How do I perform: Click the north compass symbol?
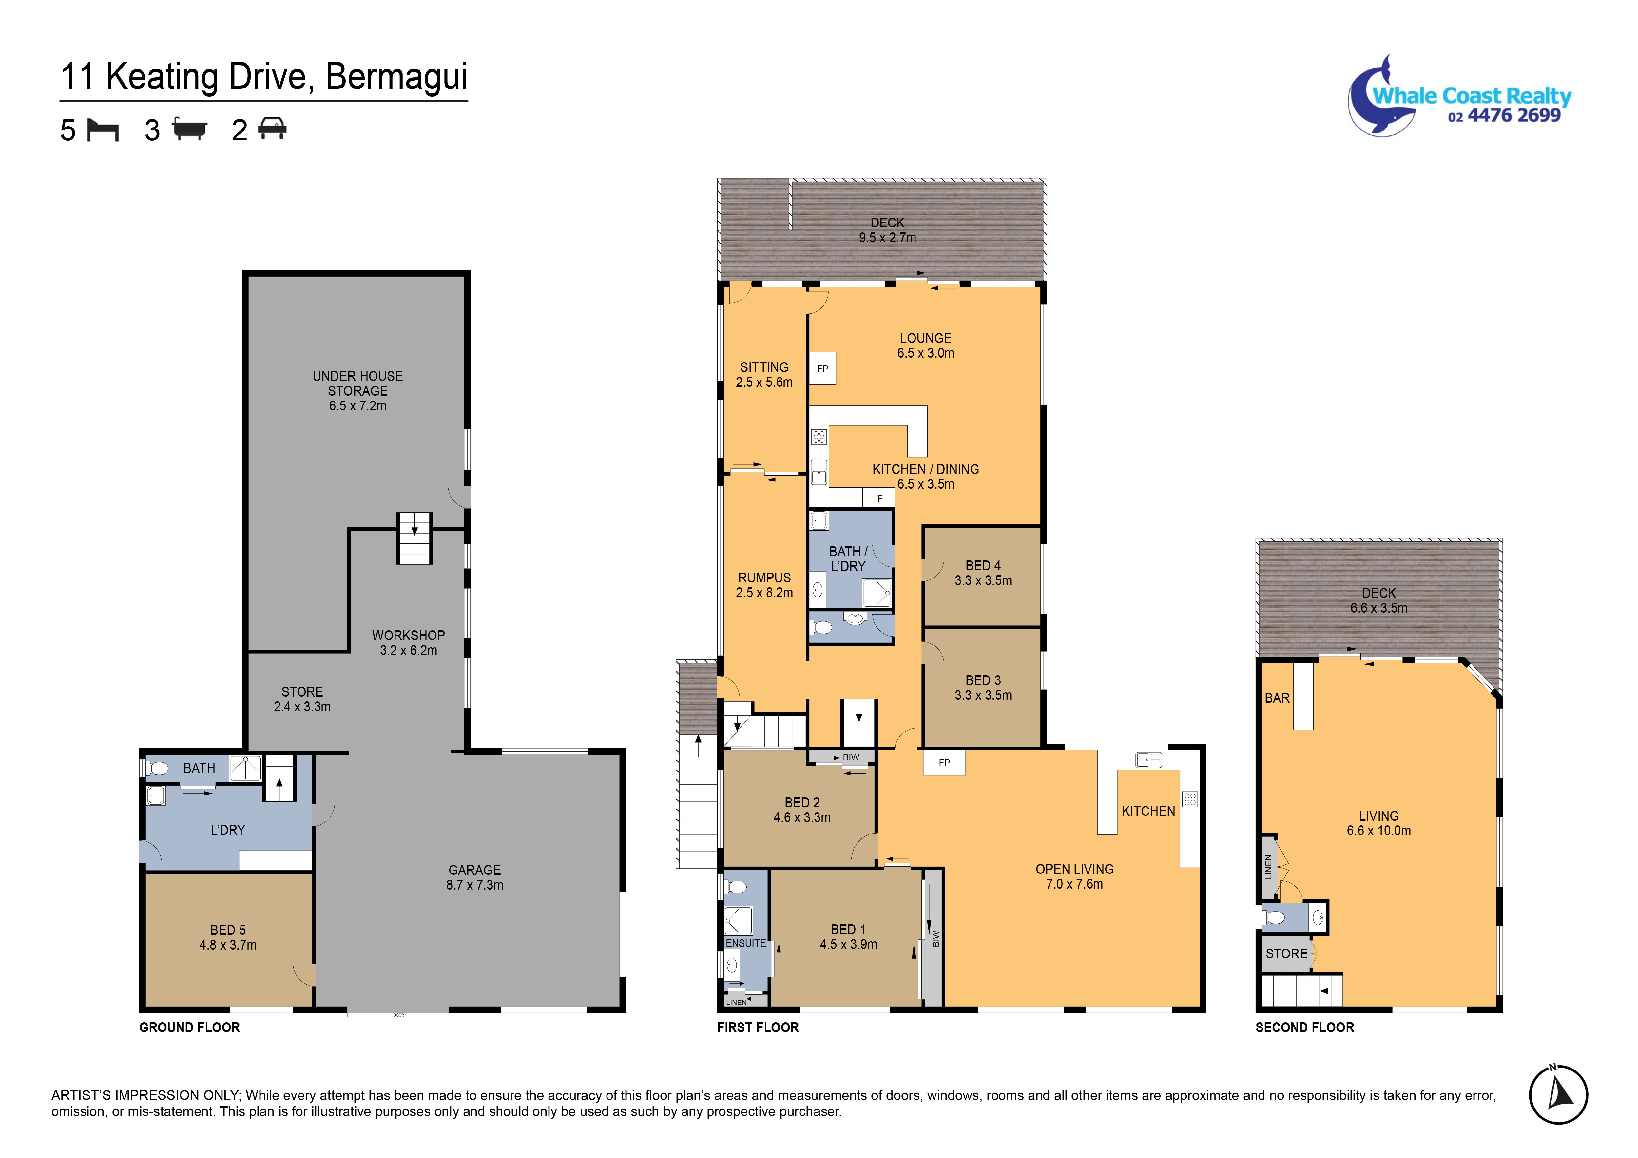point(1558,1094)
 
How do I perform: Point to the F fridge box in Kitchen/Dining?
point(879,498)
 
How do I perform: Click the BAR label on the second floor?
point(1277,698)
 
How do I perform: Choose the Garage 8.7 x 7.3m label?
point(475,877)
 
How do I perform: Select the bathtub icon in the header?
point(190,129)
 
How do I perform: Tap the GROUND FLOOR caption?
point(190,1028)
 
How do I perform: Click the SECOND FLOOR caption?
point(1305,1028)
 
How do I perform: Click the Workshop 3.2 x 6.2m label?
point(408,642)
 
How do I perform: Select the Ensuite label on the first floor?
point(745,943)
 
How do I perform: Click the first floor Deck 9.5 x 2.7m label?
point(888,230)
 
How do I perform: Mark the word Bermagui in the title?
point(397,77)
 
